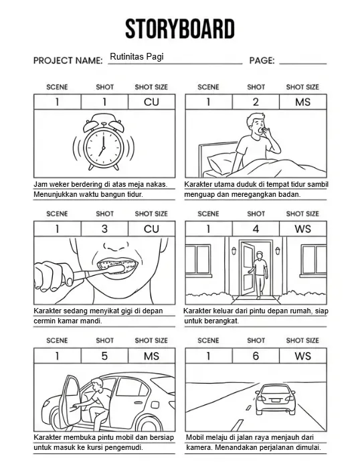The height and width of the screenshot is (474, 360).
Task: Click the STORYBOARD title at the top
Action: [180, 29]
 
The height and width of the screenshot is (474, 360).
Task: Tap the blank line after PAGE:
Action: [302, 60]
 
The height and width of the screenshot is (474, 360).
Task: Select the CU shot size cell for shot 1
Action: [152, 102]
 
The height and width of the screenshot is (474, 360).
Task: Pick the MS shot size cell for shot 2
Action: [303, 102]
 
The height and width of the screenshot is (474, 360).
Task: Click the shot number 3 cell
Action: [104, 229]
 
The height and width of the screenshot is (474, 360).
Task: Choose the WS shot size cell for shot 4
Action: [303, 229]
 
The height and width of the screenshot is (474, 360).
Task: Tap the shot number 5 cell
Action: [104, 356]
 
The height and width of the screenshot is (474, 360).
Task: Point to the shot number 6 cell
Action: [256, 356]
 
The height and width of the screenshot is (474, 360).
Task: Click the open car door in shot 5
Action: [70, 403]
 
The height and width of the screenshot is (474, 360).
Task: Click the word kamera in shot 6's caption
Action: [199, 447]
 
